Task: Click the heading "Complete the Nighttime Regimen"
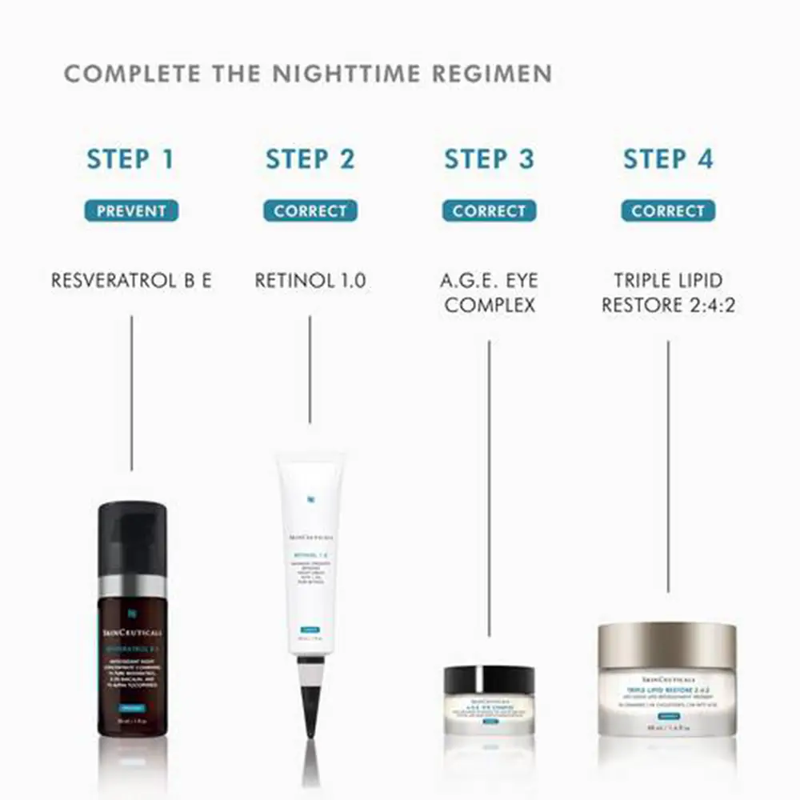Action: pos(308,74)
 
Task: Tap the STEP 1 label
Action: pos(131,158)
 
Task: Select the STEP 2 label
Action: pos(310,158)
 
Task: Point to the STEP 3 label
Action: pos(489,158)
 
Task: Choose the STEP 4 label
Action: pos(668,158)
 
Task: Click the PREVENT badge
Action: pos(131,211)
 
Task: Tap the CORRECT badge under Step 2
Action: pos(310,211)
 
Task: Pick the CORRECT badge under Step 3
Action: pos(489,211)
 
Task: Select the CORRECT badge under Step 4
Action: pos(668,211)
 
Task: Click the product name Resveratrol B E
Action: pos(131,281)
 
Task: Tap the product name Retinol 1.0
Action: pos(310,281)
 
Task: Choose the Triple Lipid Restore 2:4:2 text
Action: pos(668,293)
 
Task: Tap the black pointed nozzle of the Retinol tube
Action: pos(310,704)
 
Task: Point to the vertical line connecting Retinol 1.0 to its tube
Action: pos(310,368)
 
